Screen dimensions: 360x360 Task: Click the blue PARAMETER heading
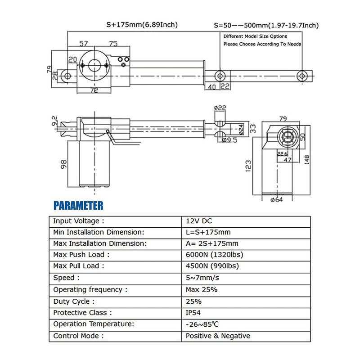tap(78, 206)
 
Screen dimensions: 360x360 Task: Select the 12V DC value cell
tap(198, 221)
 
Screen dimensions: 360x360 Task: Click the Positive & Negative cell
tap(218, 336)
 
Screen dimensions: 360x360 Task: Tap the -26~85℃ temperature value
tap(202, 324)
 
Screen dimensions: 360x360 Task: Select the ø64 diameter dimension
tap(275, 200)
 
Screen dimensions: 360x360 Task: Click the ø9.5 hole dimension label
tap(230, 140)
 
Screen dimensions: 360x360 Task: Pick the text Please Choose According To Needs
tap(262, 44)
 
